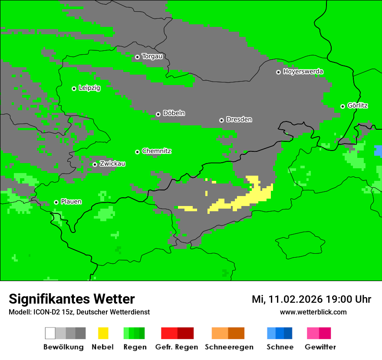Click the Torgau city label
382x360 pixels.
coord(152,56)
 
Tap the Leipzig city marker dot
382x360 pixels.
coord(74,88)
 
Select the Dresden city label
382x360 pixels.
coord(239,119)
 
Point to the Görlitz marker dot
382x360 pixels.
coord(342,106)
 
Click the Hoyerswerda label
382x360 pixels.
coord(303,72)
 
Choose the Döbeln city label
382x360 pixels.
coord(174,113)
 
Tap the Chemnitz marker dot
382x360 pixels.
coord(137,152)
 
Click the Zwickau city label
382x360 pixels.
coord(112,164)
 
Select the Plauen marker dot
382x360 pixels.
coord(56,202)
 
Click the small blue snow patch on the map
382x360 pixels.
coord(378,151)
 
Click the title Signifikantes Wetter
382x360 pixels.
coord(72,299)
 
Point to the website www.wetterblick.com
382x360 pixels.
coord(313,312)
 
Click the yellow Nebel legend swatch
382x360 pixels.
coord(103,333)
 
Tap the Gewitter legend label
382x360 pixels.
coord(320,347)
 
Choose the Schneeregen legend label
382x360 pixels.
coord(229,347)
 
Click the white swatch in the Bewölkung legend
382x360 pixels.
coord(50,333)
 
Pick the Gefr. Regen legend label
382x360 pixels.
coord(177,347)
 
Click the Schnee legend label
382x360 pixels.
coord(280,347)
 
